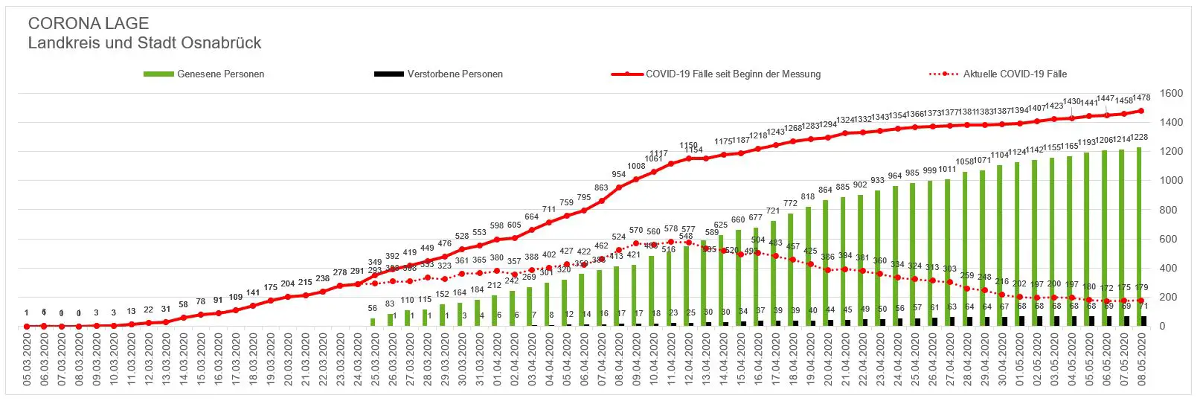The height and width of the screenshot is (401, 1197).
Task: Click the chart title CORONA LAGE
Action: (x=89, y=24)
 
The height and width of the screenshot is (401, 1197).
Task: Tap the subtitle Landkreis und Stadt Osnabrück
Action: (x=144, y=43)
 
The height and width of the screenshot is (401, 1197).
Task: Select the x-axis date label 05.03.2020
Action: (x=27, y=359)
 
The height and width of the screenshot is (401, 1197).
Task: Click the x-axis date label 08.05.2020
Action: (x=1140, y=359)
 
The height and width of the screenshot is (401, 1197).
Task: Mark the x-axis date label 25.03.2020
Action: (x=375, y=359)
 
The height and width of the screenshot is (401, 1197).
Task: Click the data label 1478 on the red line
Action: (x=1141, y=97)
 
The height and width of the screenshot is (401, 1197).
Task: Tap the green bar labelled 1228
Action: (x=1139, y=238)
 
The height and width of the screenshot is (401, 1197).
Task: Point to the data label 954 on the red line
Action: (x=619, y=174)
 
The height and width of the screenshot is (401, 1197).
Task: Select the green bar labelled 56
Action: (x=373, y=322)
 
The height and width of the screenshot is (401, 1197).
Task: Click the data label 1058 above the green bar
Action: (x=965, y=161)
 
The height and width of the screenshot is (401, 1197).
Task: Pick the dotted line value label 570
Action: (x=636, y=231)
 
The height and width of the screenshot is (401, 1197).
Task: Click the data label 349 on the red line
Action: (x=375, y=262)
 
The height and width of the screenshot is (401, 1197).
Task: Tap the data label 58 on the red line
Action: (x=184, y=305)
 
